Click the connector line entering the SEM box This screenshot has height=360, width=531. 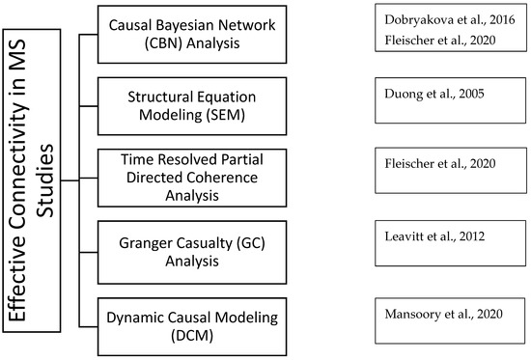[x=89, y=106]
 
